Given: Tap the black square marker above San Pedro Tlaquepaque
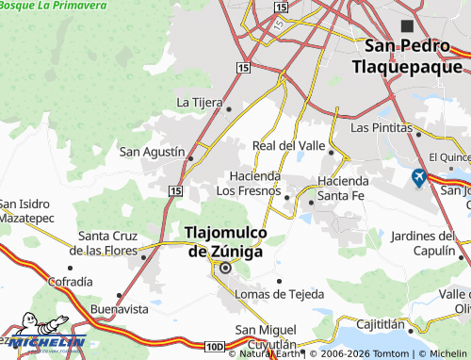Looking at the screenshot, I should [407, 25].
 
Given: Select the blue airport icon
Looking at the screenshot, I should [418, 176].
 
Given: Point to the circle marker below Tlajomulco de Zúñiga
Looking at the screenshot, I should [225, 269].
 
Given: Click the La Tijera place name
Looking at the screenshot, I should [200, 102].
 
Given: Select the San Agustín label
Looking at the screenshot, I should [150, 151].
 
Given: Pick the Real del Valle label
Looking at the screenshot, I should [288, 145].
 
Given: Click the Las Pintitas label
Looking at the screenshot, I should [382, 126].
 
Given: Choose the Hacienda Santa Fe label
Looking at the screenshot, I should [349, 188].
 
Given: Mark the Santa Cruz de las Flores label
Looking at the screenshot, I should [108, 242].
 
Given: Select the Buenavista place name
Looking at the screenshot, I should [119, 308].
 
